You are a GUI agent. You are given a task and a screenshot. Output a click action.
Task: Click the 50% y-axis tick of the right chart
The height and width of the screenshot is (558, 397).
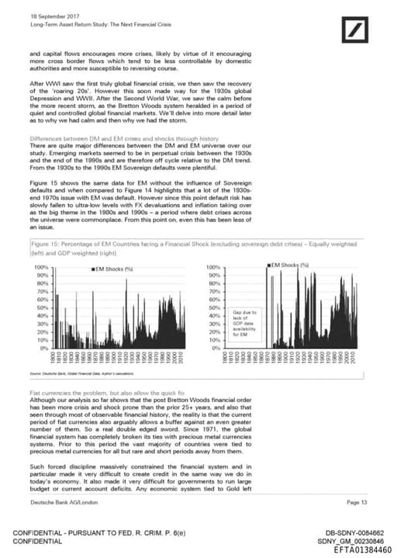pyautogui.click(x=216, y=307)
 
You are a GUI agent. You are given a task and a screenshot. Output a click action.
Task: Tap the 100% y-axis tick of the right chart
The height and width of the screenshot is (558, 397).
pyautogui.click(x=214, y=267)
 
